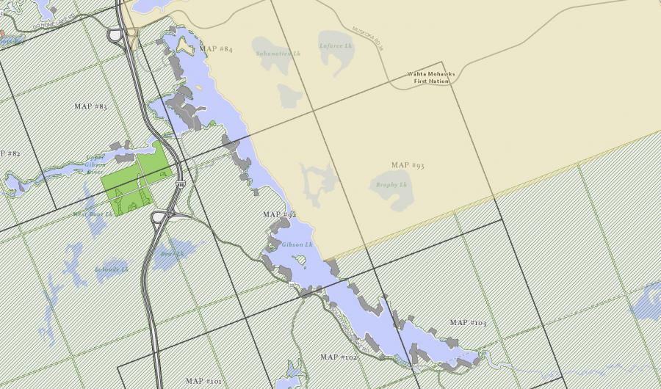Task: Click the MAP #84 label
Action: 216,49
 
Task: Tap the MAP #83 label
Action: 90,106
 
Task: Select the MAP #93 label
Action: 408,165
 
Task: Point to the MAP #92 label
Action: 279,214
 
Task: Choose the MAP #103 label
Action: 468,322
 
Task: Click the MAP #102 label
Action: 339,357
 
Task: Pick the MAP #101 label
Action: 203,381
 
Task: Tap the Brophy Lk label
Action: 391,184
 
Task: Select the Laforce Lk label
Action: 332,46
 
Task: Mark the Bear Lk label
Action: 171,254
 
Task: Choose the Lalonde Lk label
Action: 112,269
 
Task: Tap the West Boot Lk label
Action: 93,214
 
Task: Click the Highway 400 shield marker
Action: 180,184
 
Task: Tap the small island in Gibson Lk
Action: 300,259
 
